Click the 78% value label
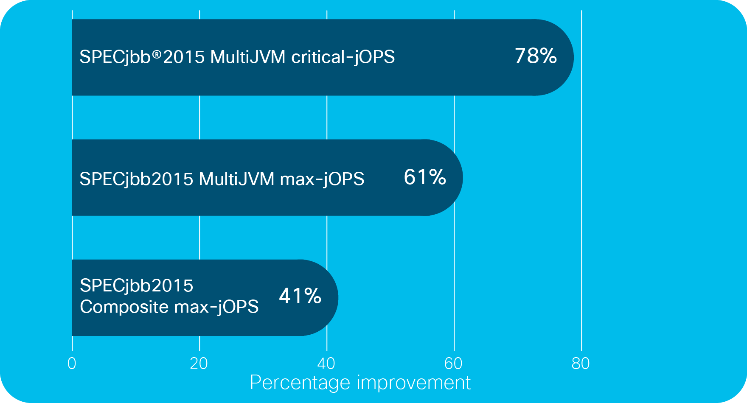(536, 56)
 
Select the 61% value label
(425, 177)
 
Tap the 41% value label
(300, 296)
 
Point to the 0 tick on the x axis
(72, 364)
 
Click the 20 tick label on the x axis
(199, 364)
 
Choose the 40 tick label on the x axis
(326, 364)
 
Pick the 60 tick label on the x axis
(453, 364)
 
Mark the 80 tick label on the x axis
(581, 364)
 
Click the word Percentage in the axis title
(301, 383)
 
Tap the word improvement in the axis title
(414, 383)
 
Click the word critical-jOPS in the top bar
(343, 57)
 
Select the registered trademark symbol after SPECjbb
(157, 54)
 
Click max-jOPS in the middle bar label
(322, 179)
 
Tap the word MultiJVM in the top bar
(248, 57)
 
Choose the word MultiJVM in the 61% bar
(236, 179)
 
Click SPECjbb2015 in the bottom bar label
(137, 286)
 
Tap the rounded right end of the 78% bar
(573, 57)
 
